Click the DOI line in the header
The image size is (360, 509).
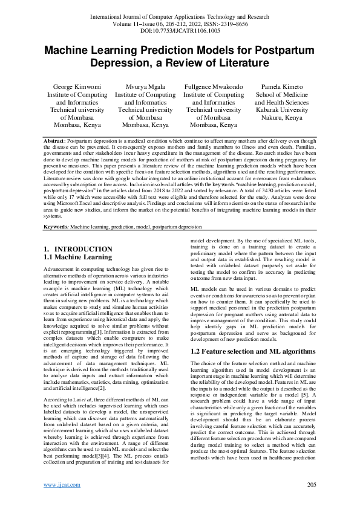[x=180, y=28]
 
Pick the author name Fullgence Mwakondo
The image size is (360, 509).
[x=214, y=88]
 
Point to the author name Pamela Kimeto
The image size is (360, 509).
[x=281, y=88]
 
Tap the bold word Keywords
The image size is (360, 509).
[x=56, y=226]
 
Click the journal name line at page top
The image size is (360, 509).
[x=180, y=13]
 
